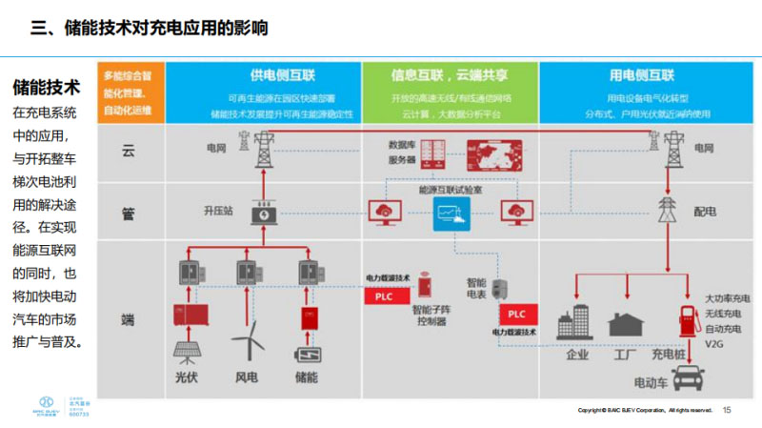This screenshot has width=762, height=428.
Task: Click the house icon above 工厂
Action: point(626,325)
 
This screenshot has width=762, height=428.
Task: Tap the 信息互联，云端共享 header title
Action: point(451,75)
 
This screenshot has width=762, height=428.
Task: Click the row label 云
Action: point(129,151)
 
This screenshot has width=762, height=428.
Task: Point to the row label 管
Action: point(129,214)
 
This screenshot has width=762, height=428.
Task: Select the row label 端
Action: point(129,318)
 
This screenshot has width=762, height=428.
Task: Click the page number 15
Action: point(728,410)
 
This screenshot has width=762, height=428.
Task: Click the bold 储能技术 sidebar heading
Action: point(46,89)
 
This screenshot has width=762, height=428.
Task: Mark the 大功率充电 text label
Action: point(727,298)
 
